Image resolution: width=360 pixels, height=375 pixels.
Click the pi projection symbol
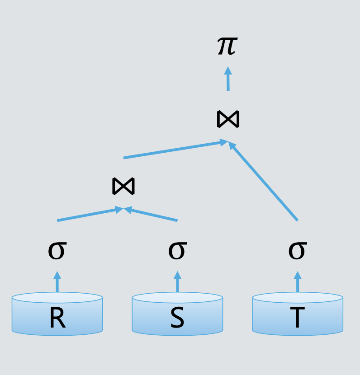pyautogui.click(x=227, y=46)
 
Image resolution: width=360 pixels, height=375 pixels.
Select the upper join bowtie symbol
pyautogui.click(x=228, y=119)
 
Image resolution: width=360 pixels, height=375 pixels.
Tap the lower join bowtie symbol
pyautogui.click(x=123, y=186)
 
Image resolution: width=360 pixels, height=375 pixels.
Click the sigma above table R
pyautogui.click(x=57, y=251)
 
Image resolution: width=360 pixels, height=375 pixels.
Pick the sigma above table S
pyautogui.click(x=177, y=251)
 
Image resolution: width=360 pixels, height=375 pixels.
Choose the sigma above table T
pyautogui.click(x=298, y=251)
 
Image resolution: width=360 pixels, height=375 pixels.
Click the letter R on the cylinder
pyautogui.click(x=57, y=318)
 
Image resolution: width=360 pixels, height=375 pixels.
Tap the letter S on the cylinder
pyautogui.click(x=177, y=318)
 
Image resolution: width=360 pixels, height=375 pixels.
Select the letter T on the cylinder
pyautogui.click(x=298, y=318)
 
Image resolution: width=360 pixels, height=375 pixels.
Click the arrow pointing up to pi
pyautogui.click(x=228, y=79)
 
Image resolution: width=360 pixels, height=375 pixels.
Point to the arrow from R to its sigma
pyautogui.click(x=57, y=281)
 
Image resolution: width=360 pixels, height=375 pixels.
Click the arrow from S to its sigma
pyautogui.click(x=177, y=281)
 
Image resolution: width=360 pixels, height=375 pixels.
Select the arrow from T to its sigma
pyautogui.click(x=298, y=281)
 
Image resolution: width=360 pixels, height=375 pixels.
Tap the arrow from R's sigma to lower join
pyautogui.click(x=90, y=214)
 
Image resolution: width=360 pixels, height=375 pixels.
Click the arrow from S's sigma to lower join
pyautogui.click(x=151, y=214)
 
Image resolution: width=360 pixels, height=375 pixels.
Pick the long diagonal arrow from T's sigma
pyautogui.click(x=263, y=181)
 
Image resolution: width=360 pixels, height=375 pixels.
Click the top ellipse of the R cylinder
pyautogui.click(x=57, y=297)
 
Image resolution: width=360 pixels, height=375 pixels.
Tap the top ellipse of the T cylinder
pyautogui.click(x=298, y=297)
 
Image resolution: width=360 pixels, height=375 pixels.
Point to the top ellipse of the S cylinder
pyautogui.click(x=177, y=297)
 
